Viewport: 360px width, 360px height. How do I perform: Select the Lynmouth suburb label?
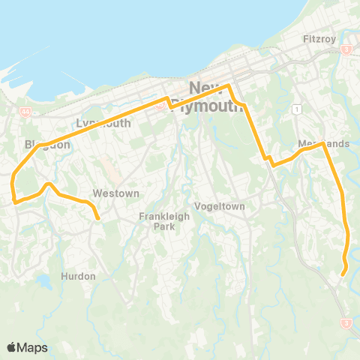coord(103,123)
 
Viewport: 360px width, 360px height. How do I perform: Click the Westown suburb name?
coord(115,193)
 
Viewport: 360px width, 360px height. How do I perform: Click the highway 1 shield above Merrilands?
coord(298,109)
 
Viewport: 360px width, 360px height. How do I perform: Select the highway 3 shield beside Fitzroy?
coord(346,49)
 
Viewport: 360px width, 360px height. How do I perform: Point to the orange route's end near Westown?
coord(98,218)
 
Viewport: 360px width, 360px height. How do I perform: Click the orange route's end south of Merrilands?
coord(343,274)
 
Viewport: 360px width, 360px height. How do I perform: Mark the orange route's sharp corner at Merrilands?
coord(322,142)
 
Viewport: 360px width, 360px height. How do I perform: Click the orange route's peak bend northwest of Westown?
coord(49,184)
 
